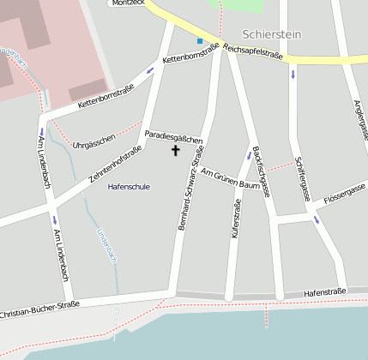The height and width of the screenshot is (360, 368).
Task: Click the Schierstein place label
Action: pos(272,35)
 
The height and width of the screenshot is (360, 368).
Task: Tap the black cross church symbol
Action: pos(177,151)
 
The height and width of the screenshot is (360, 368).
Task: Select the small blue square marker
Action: pos(200,40)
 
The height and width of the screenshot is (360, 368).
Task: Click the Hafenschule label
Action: pos(129,186)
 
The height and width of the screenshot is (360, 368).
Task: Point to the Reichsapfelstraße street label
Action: pos(253,52)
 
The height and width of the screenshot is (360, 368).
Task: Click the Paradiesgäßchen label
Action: pos(173,136)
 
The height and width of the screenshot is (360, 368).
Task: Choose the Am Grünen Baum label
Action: pos(230,180)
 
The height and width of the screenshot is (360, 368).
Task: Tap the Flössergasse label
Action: pos(345,195)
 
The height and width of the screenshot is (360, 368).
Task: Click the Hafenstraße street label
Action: pos(324,292)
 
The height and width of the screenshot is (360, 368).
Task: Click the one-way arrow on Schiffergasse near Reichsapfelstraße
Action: pos(293,74)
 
